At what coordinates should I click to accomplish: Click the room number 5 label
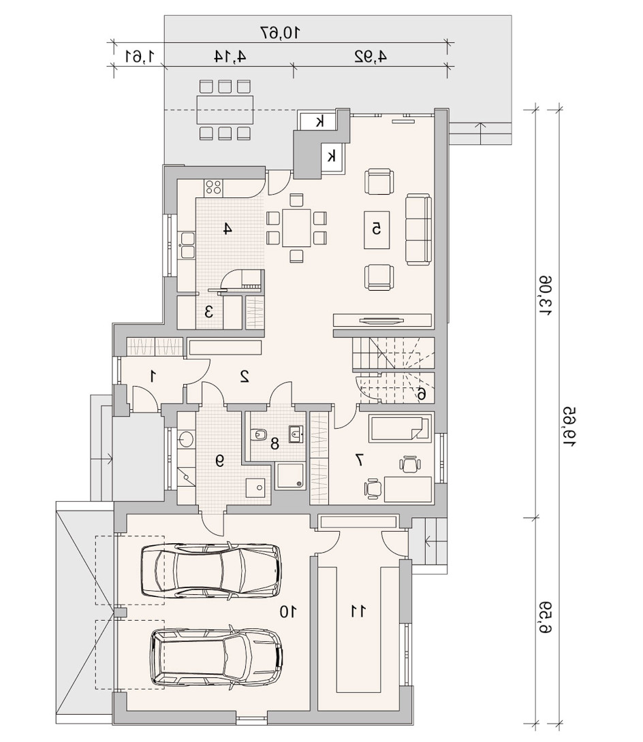click(377, 229)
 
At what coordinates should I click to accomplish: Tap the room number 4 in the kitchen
click(228, 229)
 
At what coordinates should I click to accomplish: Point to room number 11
click(358, 611)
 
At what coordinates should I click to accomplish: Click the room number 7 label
click(360, 459)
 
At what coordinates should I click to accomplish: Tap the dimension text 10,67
click(281, 33)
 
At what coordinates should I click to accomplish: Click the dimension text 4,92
click(371, 56)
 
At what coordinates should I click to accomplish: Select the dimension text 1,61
click(140, 56)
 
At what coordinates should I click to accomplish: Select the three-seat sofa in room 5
click(419, 229)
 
